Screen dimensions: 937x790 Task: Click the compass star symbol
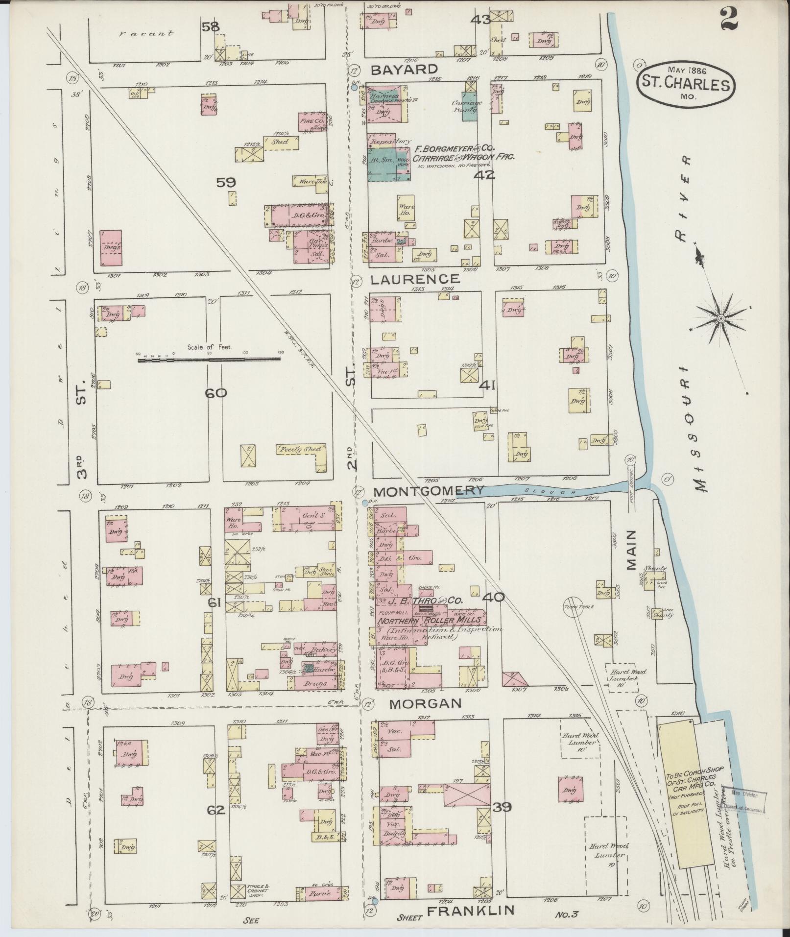[720, 319]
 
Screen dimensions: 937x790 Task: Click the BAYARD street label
[404, 69]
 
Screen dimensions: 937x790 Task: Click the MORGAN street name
[425, 703]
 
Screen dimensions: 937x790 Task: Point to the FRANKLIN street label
[471, 911]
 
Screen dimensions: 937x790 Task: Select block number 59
[226, 182]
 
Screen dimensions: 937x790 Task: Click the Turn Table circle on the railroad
[573, 606]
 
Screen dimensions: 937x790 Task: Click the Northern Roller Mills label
[430, 620]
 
